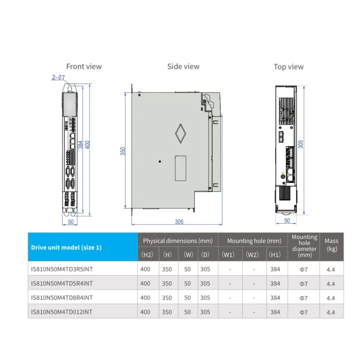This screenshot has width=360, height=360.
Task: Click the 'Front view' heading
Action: coord(84,66)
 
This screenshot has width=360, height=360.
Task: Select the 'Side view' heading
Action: coord(183,66)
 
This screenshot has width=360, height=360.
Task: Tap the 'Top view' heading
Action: coord(289,67)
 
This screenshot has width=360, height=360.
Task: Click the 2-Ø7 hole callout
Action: coord(58,77)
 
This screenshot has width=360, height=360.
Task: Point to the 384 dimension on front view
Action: coord(80,145)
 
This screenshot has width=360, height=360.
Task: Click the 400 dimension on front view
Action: coord(87,145)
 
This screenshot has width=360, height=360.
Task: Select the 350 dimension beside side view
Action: coord(122,151)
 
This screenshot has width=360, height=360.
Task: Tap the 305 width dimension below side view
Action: coord(179,222)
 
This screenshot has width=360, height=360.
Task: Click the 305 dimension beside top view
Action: coord(300,144)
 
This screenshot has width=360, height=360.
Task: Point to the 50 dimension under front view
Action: coord(71,222)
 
